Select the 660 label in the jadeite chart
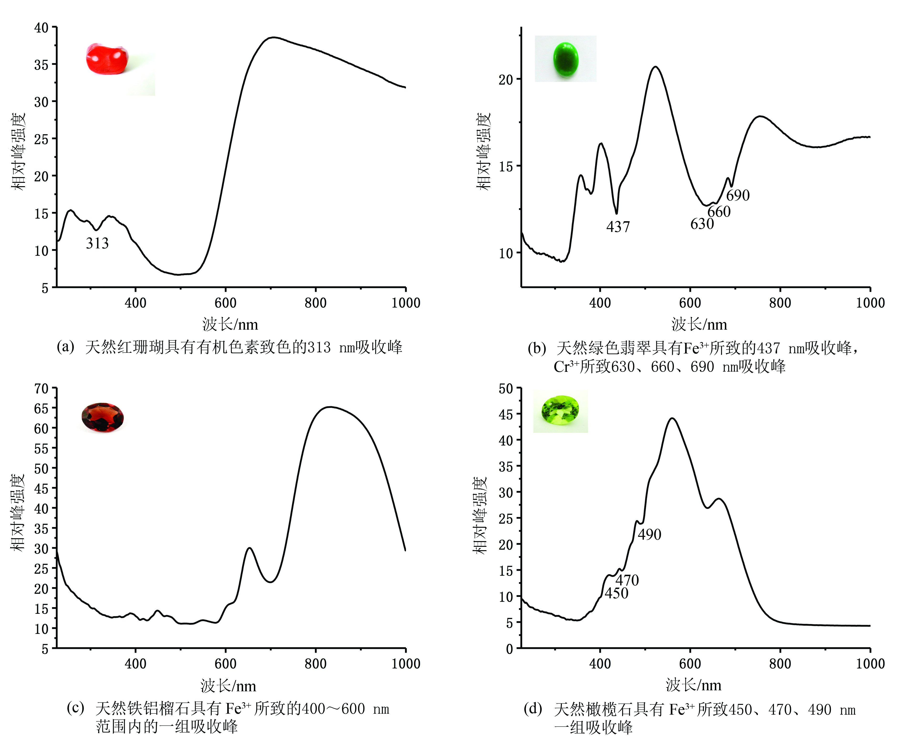(719, 211)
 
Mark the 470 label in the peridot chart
(627, 580)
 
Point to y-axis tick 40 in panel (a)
(41, 28)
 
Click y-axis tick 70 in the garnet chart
(41, 389)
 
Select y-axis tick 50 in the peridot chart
(506, 389)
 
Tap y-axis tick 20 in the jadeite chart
(506, 80)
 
